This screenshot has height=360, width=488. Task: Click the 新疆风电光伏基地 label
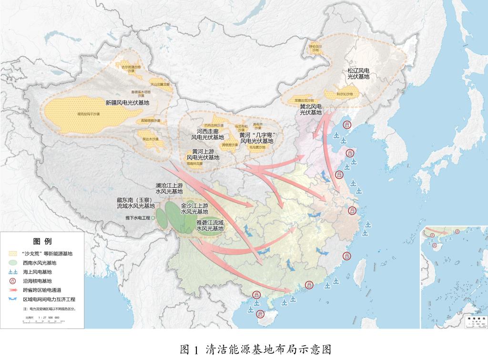(x=127, y=103)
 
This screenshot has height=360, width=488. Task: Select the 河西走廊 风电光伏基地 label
(x=207, y=134)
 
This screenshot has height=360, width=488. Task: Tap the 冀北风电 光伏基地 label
(x=311, y=109)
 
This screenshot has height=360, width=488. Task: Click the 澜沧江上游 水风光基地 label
(x=169, y=188)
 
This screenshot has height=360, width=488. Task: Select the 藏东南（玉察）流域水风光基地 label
(x=136, y=203)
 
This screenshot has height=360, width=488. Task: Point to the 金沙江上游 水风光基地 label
(x=194, y=208)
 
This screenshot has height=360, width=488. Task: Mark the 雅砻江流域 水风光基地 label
(x=210, y=226)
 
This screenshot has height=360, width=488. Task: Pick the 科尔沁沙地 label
(x=345, y=94)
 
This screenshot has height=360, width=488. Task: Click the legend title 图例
(x=42, y=241)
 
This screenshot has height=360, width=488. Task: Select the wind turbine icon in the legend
(x=13, y=271)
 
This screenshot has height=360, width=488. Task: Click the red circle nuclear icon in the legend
(x=13, y=281)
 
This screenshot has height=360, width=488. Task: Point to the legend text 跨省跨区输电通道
(x=42, y=290)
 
